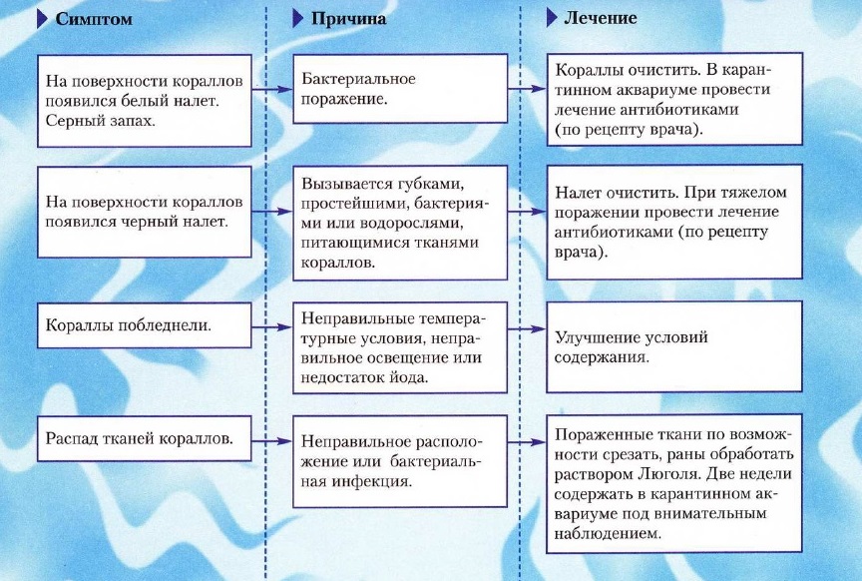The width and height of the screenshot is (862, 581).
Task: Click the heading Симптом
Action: (x=94, y=19)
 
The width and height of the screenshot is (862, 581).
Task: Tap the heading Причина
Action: (x=348, y=19)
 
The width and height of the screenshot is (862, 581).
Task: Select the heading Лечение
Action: (x=601, y=18)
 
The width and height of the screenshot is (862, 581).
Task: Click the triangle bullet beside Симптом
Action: (x=42, y=19)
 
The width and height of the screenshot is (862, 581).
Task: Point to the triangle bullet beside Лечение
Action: (x=552, y=18)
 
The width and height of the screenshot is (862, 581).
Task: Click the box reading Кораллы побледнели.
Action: (x=144, y=325)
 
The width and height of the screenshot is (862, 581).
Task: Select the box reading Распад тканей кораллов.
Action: (x=144, y=438)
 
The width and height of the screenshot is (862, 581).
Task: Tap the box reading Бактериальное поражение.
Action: (x=400, y=89)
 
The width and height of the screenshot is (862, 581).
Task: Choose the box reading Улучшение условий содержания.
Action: (x=674, y=346)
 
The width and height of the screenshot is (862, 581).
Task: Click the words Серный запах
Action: (x=100, y=121)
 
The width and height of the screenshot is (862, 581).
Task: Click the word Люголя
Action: (x=669, y=474)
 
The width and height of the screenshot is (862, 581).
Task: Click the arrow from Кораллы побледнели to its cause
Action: (x=272, y=327)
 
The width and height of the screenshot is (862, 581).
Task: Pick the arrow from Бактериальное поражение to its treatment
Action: (x=527, y=88)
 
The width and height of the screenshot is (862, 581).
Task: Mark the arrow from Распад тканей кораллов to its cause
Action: (x=272, y=440)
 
